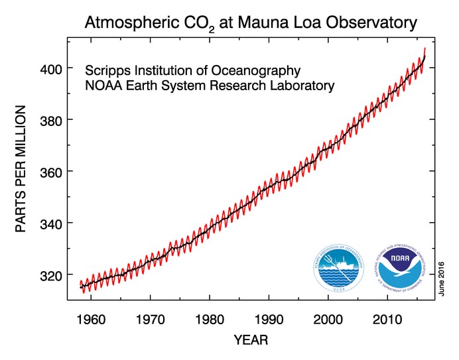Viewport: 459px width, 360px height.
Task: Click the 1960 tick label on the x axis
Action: coord(91,319)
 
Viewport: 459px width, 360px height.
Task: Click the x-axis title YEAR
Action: coord(251,341)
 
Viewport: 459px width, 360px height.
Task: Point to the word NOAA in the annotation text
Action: coord(103,86)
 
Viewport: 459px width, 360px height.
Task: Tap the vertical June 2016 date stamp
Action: coord(440,278)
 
